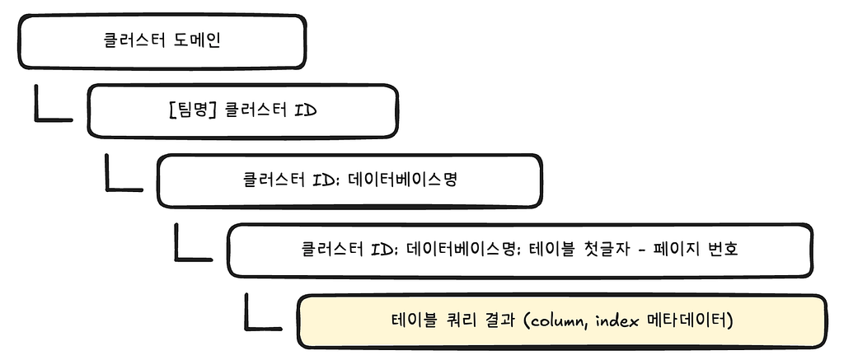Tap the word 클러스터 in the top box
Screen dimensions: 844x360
[134, 41]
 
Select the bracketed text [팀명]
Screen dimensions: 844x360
[189, 111]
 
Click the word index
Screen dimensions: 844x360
[619, 320]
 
